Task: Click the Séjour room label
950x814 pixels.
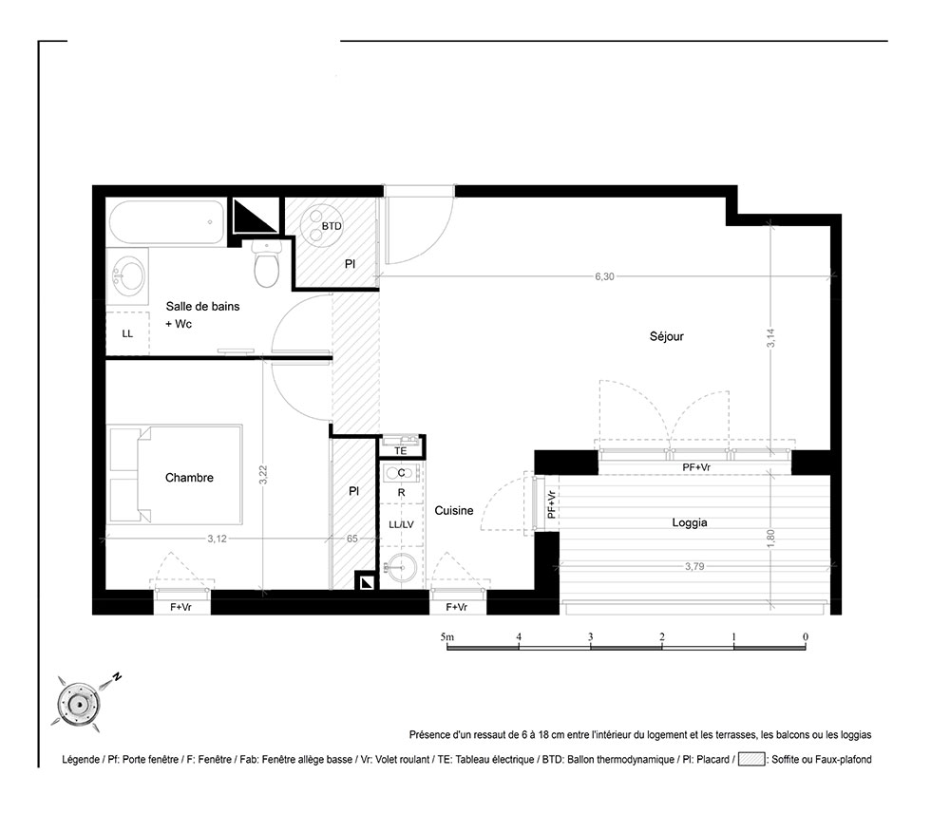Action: click(667, 336)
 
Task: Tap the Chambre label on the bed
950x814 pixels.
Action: click(189, 477)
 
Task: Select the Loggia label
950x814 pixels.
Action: click(690, 522)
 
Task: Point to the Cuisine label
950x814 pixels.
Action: click(454, 511)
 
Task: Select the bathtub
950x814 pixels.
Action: click(167, 222)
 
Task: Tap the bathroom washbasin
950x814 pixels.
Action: click(127, 276)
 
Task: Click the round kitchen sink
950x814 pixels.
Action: click(401, 567)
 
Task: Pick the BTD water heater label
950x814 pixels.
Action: click(332, 226)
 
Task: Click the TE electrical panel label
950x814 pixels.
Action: click(401, 451)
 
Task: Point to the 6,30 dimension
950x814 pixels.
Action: click(604, 276)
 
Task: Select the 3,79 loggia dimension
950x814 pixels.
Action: click(694, 566)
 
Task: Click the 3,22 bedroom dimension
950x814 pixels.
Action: click(263, 474)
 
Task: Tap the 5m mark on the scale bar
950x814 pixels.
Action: click(447, 637)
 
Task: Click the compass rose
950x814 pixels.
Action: click(79, 704)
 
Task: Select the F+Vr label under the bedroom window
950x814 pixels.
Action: click(180, 606)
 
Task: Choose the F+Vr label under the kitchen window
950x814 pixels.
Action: click(456, 607)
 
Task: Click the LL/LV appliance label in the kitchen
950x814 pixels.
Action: click(401, 524)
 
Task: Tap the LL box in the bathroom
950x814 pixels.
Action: click(127, 333)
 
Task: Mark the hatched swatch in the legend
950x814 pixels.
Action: click(751, 759)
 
